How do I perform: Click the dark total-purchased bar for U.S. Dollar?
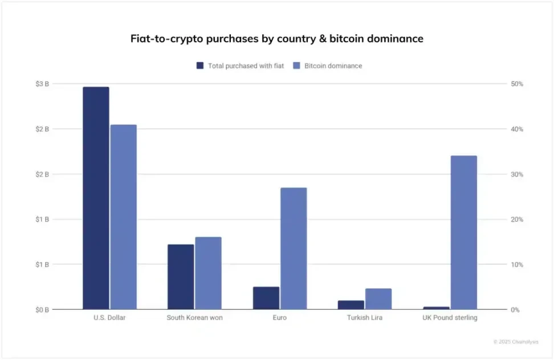pyautogui.click(x=96, y=198)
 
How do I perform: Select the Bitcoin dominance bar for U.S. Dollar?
pyautogui.click(x=123, y=217)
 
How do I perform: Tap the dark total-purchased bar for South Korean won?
pyautogui.click(x=181, y=277)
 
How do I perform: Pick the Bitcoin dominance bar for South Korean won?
pyautogui.click(x=208, y=273)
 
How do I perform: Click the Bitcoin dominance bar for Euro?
pyautogui.click(x=294, y=248)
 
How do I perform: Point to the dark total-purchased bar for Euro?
pyautogui.click(x=266, y=298)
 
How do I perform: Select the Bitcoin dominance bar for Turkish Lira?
pyautogui.click(x=378, y=299)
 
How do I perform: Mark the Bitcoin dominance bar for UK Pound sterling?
pyautogui.click(x=463, y=232)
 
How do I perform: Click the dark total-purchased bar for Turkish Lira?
pyautogui.click(x=351, y=305)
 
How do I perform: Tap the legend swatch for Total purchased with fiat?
pyautogui.click(x=200, y=66)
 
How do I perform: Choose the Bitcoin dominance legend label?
pyautogui.click(x=333, y=66)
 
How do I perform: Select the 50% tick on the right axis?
pyautogui.click(x=516, y=84)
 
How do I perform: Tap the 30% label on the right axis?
pyautogui.click(x=516, y=174)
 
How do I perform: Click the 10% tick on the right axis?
pyautogui.click(x=516, y=265)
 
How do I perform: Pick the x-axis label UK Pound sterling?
pyautogui.click(x=450, y=318)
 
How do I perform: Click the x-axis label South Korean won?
pyautogui.click(x=194, y=318)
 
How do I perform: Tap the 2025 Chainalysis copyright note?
pyautogui.click(x=515, y=342)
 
